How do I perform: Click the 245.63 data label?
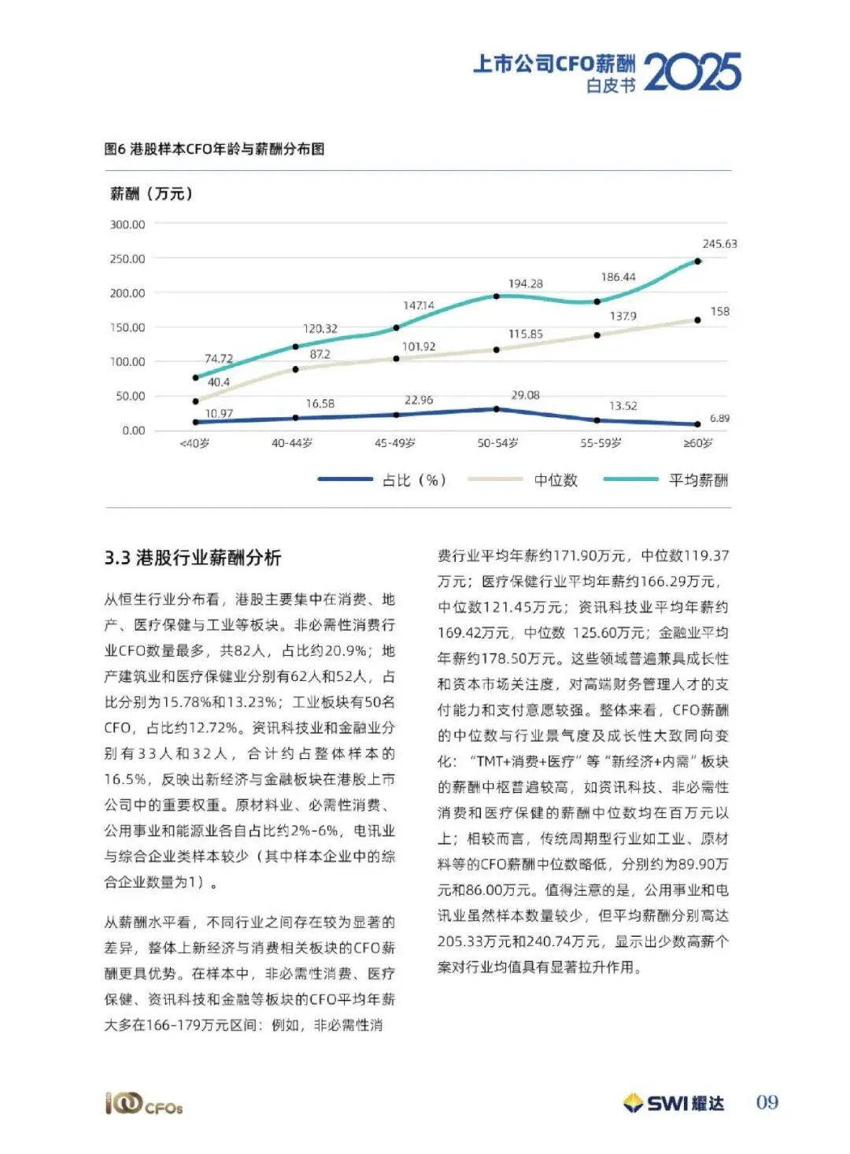pos(719,244)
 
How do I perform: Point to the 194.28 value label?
pos(525,283)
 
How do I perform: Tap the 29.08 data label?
pos(525,395)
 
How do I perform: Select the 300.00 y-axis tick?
pos(128,224)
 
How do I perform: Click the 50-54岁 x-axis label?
pos(497,443)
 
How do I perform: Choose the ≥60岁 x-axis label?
pos(698,443)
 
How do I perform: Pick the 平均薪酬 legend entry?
pos(697,480)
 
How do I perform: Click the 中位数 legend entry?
pos(556,480)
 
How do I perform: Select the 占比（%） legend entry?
pos(414,480)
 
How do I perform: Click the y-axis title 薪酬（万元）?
pos(152,194)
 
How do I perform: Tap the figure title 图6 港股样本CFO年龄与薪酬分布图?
pos(214,149)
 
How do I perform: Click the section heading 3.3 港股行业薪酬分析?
pos(193,558)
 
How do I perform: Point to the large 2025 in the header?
pos(693,72)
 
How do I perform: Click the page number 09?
pos(767,1102)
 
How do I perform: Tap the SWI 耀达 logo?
pos(674,1103)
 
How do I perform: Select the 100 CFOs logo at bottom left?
pos(144,1104)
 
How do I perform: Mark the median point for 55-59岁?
pos(597,335)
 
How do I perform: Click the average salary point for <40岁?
pos(195,378)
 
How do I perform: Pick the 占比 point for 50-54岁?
pos(497,409)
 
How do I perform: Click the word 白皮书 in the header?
pos(611,86)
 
